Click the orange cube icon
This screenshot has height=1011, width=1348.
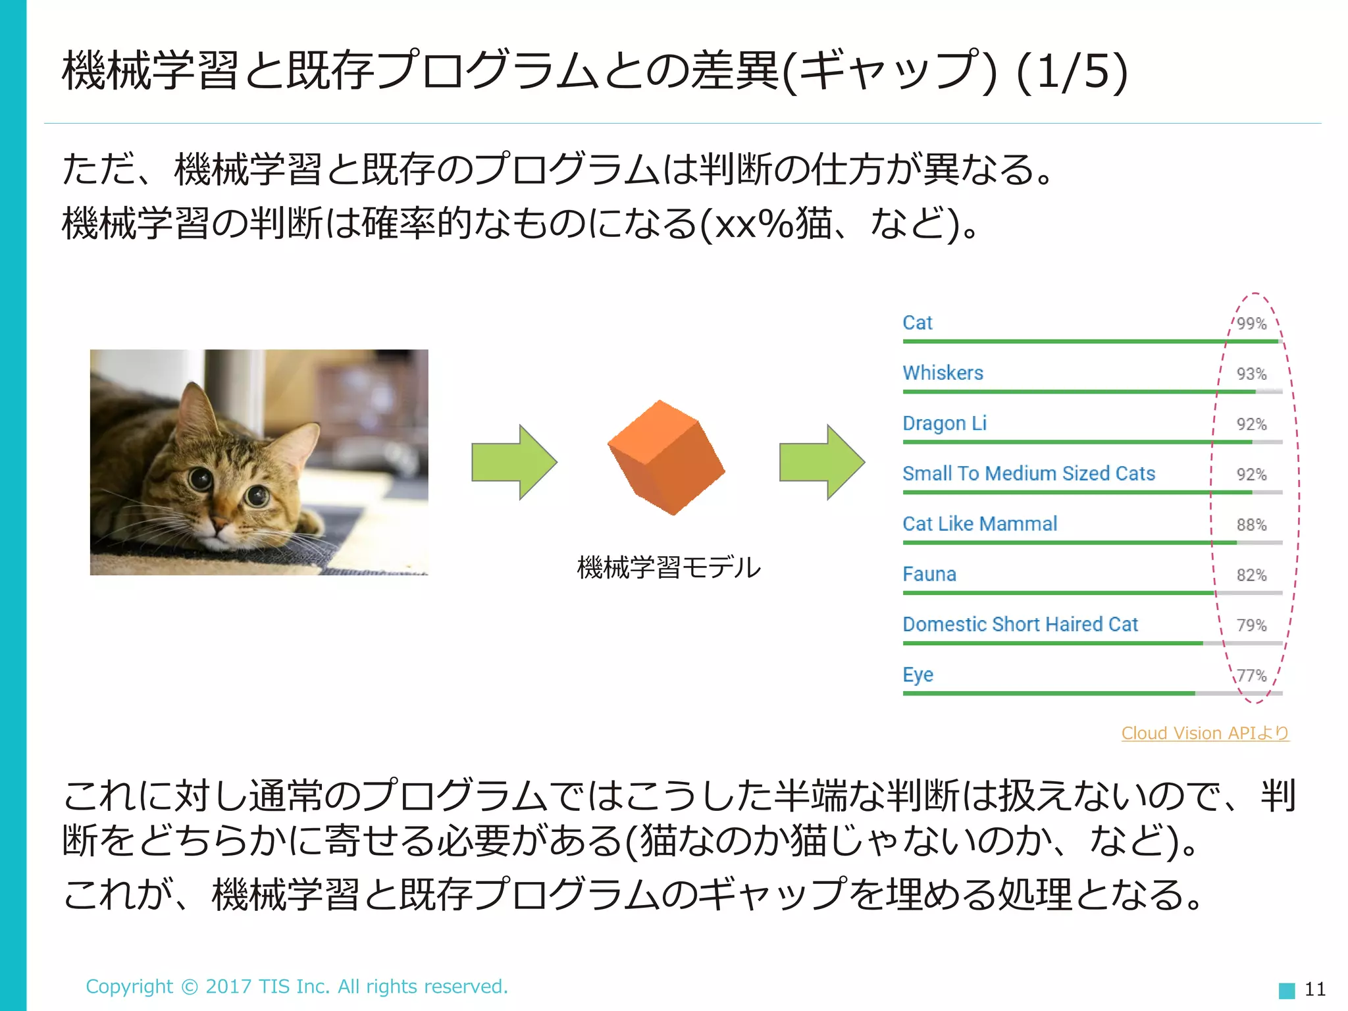(x=666, y=458)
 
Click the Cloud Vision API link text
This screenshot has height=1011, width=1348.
(x=1205, y=733)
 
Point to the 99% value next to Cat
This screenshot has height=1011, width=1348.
(x=1251, y=324)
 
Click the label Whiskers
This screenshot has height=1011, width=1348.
(x=943, y=373)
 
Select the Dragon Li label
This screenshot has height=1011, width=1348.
(x=944, y=423)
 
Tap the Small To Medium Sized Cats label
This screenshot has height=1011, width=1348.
(x=1028, y=474)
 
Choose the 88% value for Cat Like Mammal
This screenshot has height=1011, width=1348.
(x=1251, y=525)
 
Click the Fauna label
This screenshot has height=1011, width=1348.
(x=929, y=575)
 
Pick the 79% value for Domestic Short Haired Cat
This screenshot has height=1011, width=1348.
(x=1251, y=625)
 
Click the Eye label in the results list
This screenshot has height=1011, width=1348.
(x=918, y=675)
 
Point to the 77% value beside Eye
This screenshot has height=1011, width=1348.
(x=1251, y=676)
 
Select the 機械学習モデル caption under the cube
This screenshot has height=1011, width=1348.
(x=668, y=567)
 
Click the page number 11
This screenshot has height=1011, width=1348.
(x=1314, y=989)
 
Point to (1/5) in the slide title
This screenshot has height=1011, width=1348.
(x=1072, y=72)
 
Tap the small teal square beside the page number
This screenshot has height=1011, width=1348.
(x=1286, y=990)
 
